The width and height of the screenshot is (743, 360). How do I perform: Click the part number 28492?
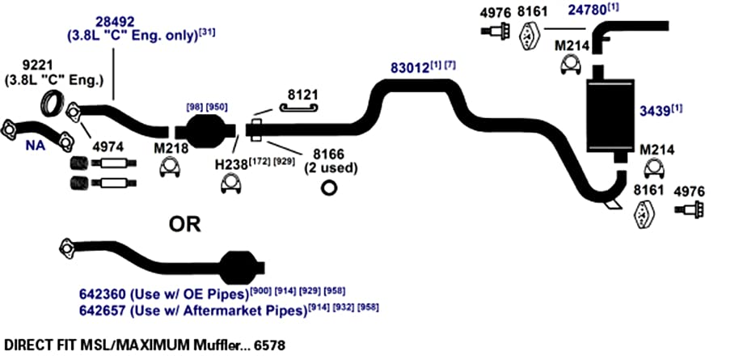point(115,22)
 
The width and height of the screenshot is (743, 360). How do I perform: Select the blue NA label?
point(36,146)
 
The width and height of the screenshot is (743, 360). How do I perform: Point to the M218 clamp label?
point(171,149)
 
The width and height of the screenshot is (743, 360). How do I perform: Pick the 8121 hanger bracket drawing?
point(298,108)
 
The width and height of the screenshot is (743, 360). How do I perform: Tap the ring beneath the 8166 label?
point(328,188)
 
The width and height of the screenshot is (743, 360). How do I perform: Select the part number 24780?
point(588,11)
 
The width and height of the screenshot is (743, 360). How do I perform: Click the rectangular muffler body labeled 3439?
point(610,115)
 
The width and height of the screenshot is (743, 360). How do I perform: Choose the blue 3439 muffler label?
point(655,111)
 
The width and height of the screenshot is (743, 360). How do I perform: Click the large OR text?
point(185,224)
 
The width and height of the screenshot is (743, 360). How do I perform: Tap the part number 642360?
point(103,294)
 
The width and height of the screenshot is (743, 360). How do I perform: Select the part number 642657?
point(103,311)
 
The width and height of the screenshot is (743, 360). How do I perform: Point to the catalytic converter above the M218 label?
point(205,129)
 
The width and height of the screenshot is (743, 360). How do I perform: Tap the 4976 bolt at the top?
point(495,31)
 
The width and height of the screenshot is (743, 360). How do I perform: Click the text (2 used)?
point(331,168)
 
